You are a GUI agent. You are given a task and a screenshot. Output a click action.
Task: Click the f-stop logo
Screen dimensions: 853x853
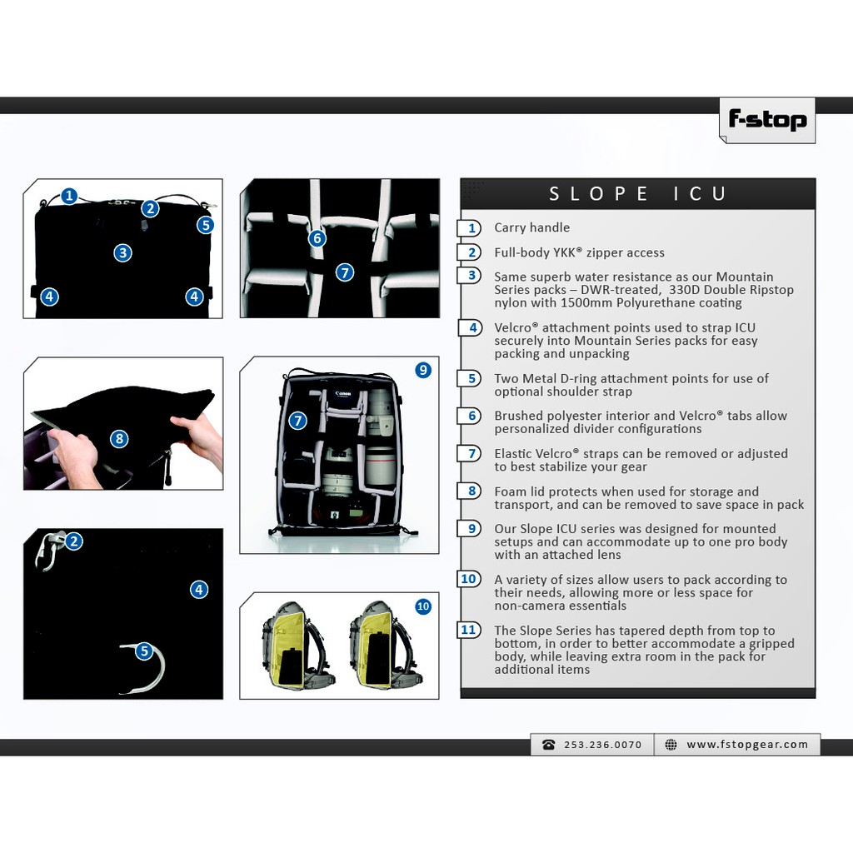767,120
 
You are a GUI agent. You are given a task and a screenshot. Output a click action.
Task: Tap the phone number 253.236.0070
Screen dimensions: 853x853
603,745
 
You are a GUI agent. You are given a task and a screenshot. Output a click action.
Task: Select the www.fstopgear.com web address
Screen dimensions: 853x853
747,744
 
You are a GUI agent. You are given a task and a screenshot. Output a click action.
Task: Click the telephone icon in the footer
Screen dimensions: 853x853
548,745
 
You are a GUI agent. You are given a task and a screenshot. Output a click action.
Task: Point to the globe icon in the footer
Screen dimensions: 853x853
671,745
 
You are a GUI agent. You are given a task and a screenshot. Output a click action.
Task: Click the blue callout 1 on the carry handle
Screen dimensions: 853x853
69,196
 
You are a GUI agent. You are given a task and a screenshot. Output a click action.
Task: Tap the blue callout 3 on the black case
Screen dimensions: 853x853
123,253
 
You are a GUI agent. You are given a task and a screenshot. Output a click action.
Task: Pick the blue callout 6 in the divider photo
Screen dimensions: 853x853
317,238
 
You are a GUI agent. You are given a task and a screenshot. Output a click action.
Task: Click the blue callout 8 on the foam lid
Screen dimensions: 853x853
119,439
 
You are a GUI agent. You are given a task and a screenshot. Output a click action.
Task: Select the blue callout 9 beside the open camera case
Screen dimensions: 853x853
423,371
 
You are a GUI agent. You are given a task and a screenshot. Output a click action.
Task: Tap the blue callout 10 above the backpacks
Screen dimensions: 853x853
423,606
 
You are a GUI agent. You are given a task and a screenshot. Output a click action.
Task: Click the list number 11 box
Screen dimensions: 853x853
468,630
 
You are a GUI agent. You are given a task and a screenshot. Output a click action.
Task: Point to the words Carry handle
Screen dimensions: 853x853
532,227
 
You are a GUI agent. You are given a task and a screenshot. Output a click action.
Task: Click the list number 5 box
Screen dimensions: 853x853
470,378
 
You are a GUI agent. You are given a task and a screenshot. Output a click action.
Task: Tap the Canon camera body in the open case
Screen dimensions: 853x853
342,399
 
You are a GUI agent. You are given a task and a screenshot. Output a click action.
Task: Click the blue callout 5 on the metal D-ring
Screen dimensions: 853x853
144,651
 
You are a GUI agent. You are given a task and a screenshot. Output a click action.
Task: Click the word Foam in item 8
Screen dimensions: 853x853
511,491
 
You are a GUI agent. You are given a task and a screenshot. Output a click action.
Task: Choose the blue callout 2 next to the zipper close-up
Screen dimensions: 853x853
74,541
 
